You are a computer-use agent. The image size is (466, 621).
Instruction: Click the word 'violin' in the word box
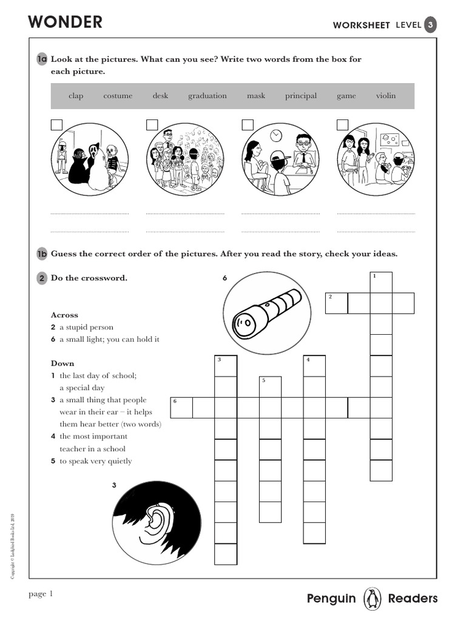coord(385,96)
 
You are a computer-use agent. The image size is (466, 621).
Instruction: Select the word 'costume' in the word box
coord(118,96)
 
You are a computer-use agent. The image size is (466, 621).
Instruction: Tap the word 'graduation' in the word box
coord(207,96)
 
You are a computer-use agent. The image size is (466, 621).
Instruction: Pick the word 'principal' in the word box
coord(301,96)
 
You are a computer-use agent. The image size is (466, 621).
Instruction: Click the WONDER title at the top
coord(65,22)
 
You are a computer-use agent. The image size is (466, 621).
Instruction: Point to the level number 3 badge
coord(430,25)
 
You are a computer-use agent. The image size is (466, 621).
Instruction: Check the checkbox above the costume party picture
coord(56,125)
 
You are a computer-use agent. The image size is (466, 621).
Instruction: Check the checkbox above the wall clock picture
coord(248,125)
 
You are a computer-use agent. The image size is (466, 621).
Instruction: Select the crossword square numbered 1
coord(381,283)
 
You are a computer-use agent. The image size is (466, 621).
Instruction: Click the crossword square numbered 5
coord(270,387)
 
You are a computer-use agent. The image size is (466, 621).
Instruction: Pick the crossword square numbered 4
coord(314,366)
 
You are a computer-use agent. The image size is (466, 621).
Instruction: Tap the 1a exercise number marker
coord(41,59)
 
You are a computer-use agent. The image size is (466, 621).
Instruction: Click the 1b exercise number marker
coord(41,253)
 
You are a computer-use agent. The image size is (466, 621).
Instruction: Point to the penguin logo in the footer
coord(371,599)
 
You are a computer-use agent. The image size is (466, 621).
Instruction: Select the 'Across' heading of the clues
coord(64,315)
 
